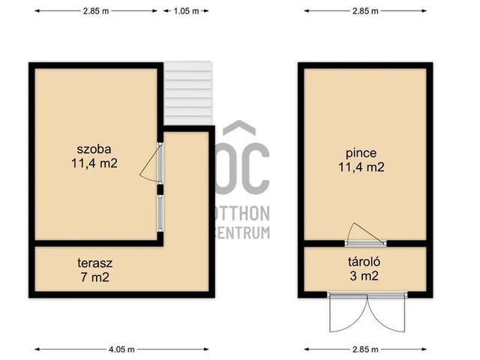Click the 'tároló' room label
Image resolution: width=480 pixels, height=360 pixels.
[x=361, y=263]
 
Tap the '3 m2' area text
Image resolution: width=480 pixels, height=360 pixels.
[x=361, y=277]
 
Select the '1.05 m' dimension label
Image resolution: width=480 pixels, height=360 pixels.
[x=186, y=11]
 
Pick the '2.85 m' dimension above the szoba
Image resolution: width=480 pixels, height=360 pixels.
[x=94, y=11]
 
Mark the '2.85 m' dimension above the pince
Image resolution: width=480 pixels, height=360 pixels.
[x=365, y=11]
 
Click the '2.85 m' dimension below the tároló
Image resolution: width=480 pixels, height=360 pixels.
[x=365, y=349]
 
